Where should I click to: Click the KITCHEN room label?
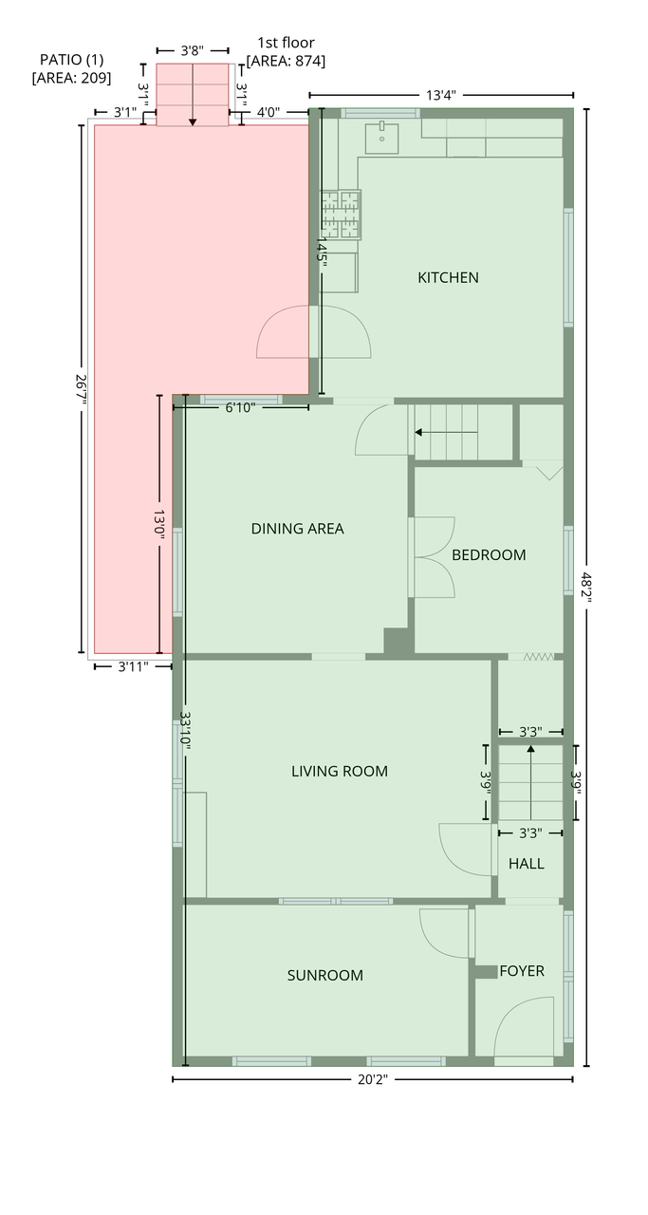point(448,278)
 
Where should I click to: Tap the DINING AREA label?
point(297,529)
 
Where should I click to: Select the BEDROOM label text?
point(489,555)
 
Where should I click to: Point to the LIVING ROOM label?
point(340,771)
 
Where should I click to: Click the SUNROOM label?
point(324,975)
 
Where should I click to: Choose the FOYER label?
point(522,970)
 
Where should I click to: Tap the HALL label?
point(526,864)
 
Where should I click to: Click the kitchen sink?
point(381,139)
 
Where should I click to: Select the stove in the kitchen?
point(342,215)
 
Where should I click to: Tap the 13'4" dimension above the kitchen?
point(441,96)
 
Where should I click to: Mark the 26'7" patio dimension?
point(82,389)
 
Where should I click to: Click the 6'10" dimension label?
point(240,407)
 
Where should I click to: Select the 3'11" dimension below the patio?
point(133,666)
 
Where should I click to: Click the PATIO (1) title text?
point(71,59)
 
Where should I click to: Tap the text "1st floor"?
point(286,43)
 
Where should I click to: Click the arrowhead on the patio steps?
point(193,122)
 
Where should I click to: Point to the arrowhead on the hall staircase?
point(531,749)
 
